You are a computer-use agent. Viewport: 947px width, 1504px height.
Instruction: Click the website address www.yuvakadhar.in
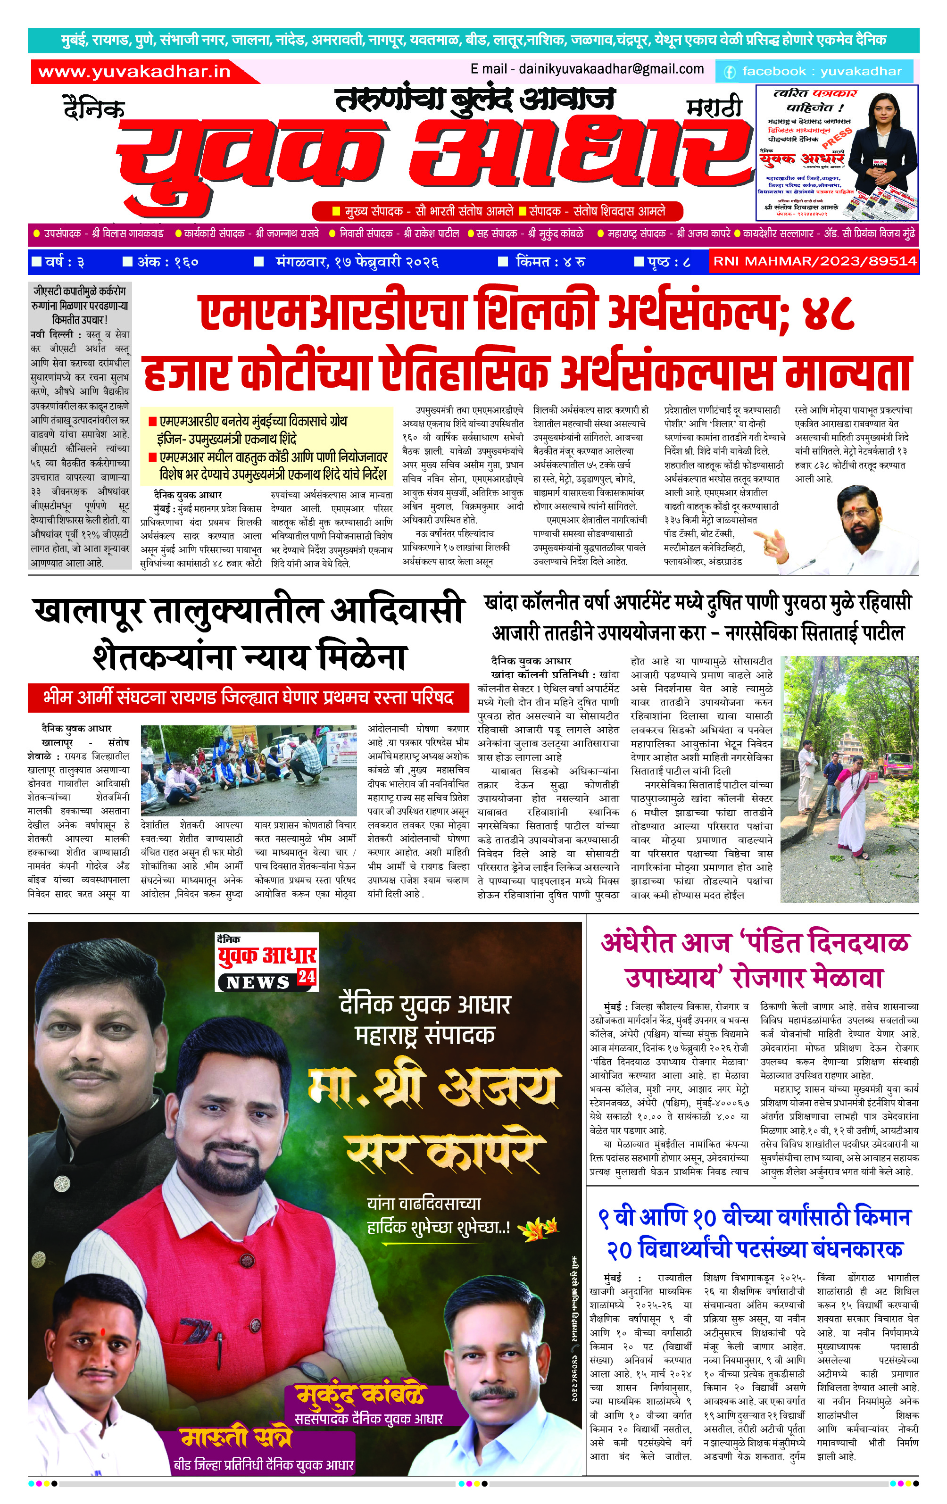pos(134,72)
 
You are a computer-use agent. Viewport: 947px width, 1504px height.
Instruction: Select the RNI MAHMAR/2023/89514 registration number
pos(814,261)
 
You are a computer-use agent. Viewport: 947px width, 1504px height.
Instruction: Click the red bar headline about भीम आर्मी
pos(248,698)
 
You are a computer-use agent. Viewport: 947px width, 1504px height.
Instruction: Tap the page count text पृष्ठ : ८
pos(663,262)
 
